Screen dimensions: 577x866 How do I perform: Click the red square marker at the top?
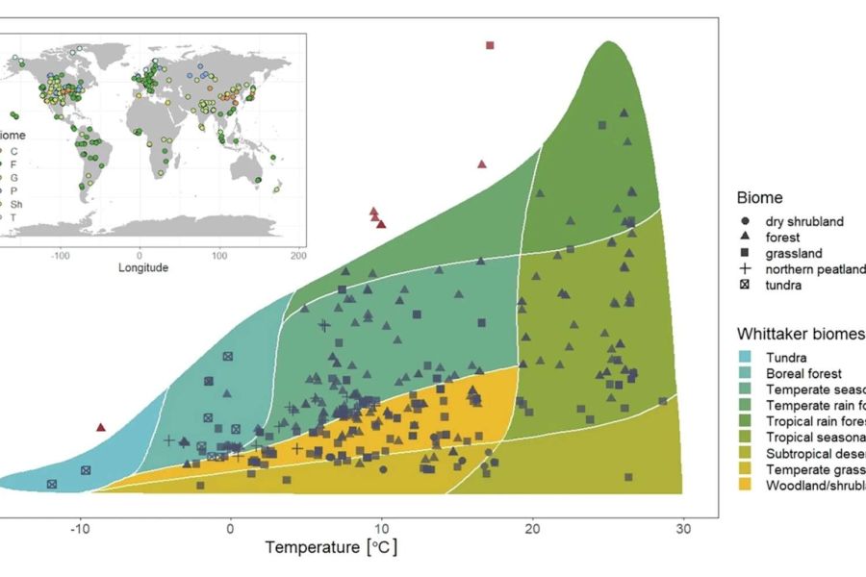point(490,45)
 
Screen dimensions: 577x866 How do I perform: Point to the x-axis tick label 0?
point(231,529)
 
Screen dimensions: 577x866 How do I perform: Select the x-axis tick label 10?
point(381,529)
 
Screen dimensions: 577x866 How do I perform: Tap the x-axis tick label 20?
point(532,529)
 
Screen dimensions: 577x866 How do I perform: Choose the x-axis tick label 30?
point(683,529)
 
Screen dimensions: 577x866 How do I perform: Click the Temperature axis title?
point(331,548)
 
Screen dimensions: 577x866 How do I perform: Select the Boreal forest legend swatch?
point(747,374)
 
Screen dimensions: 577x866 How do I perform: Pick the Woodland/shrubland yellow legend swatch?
point(747,486)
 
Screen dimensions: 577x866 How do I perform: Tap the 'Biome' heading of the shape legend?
point(760,198)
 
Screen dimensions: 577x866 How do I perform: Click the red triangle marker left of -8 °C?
point(101,427)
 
